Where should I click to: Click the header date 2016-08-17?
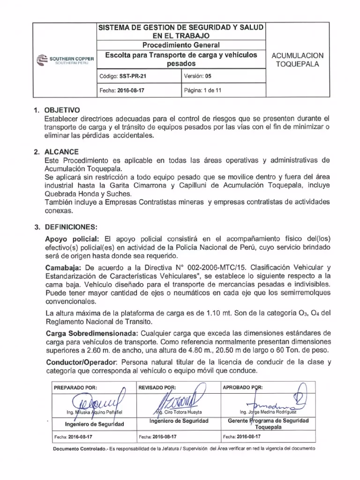pos(132,90)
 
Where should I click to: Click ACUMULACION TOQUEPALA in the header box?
pos(298,60)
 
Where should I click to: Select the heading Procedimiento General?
pos(181,45)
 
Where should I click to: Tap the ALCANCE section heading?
pos(59,152)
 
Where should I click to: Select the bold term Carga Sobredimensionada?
pos(90,333)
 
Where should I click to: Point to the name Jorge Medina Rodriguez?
pos(269,412)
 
